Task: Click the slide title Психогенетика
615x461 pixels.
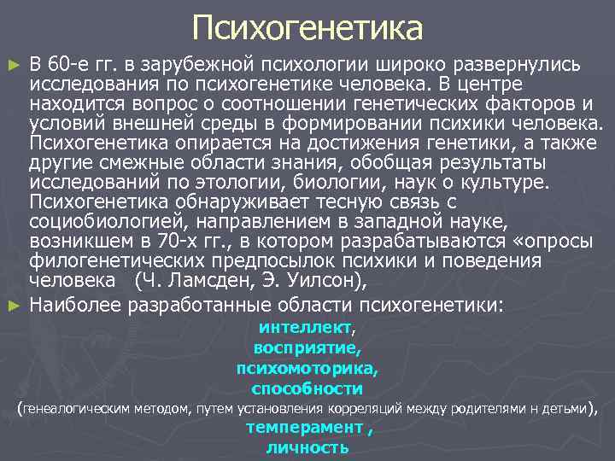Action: (x=307, y=28)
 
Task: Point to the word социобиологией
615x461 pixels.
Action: (x=108, y=220)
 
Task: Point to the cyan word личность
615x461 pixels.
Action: (x=307, y=447)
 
